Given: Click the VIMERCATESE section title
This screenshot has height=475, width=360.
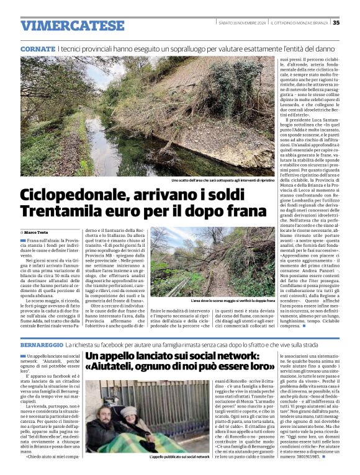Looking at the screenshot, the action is coord(72,25).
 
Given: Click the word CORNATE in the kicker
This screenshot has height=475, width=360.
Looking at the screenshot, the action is coord(37,48).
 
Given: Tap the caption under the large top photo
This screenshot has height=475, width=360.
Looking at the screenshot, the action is coord(223,180).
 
